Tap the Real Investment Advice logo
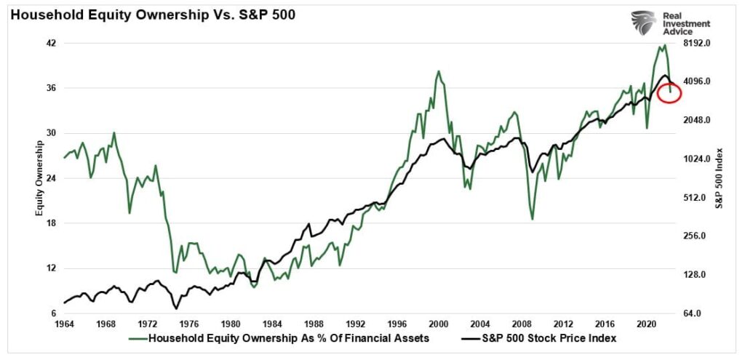[669, 23]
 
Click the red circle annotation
[669, 92]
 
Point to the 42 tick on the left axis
[51, 44]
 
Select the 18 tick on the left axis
[51, 224]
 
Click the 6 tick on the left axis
[53, 313]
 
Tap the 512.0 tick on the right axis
[692, 198]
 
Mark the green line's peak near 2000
[438, 71]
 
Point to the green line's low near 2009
[533, 219]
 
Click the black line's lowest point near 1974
[176, 308]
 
